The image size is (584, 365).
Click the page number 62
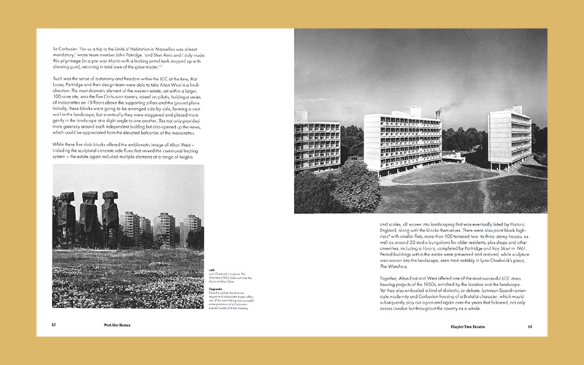[x=54, y=325]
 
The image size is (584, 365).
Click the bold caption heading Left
[x=211, y=269]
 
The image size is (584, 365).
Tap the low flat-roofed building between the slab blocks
[x=453, y=156]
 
